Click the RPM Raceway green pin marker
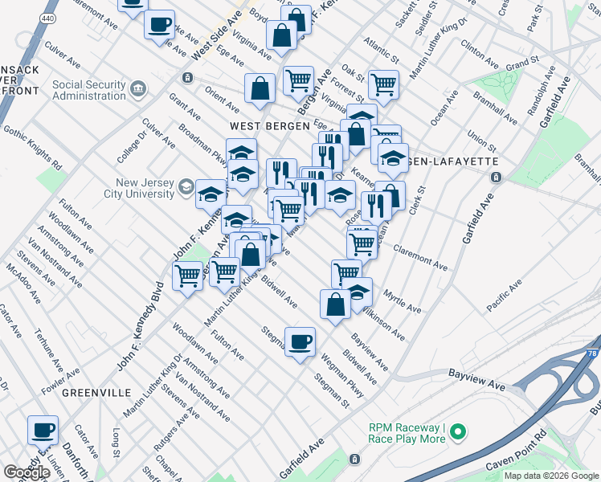tap(458, 433)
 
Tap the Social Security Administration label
tap(88, 91)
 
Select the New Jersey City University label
tap(138, 188)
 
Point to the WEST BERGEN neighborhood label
tap(269, 126)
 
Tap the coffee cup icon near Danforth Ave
tap(42, 429)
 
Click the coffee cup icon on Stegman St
tap(300, 341)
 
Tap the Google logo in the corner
tap(27, 472)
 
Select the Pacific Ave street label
tap(504, 295)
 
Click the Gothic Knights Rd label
tap(32, 145)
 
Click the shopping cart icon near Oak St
tap(383, 84)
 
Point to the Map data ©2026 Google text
tap(551, 476)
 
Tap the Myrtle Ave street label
tap(402, 302)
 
